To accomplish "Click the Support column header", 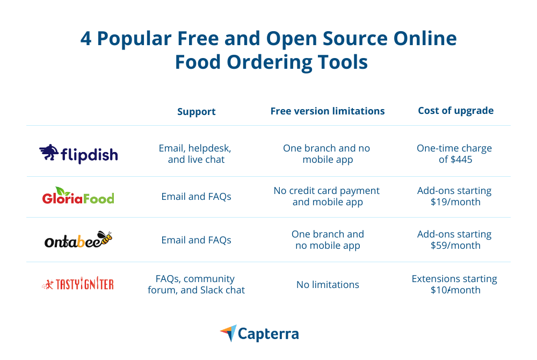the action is tap(196, 112).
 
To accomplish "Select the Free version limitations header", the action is tap(328, 111).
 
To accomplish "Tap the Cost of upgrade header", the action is tap(455, 111).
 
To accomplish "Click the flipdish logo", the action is tap(78, 154).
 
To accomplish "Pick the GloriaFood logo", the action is tap(78, 196).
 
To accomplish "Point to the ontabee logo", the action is tap(78, 240).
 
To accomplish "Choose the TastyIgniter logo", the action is tap(78, 284).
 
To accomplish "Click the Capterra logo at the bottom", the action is tap(259, 333).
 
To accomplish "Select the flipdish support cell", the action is tap(195, 154).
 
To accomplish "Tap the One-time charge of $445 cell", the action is tap(454, 154).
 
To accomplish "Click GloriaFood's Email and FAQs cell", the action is tap(196, 197).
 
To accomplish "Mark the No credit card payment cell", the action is tap(326, 196).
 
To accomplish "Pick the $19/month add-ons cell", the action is tap(454, 196).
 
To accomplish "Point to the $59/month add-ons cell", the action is tap(454, 240).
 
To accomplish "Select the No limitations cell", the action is tap(328, 285).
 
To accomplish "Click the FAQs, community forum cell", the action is tap(196, 284).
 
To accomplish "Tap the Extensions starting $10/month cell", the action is tap(454, 284).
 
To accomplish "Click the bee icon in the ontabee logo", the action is tap(105, 237).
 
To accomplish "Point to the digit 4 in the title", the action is tap(86, 38).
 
